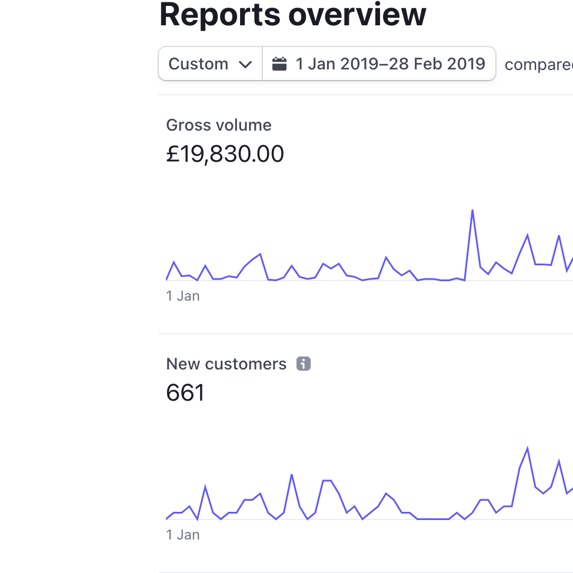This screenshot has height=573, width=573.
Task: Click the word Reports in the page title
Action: [x=220, y=15]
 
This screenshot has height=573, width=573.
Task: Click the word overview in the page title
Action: [x=357, y=15]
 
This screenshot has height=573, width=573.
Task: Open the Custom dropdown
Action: [x=211, y=64]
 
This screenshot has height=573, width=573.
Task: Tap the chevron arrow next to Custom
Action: [x=245, y=65]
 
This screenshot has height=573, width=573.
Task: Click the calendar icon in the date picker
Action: [x=279, y=64]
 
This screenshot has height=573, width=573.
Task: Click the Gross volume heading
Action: [x=219, y=125]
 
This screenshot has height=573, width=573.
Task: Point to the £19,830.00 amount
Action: [x=225, y=154]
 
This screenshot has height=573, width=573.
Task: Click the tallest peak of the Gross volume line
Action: [x=472, y=211]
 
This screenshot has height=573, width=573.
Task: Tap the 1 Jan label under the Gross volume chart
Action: [x=183, y=296]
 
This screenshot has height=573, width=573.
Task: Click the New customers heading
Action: [x=226, y=364]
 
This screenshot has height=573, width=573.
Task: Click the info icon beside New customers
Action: [x=304, y=364]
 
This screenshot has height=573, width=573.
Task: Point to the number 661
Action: [x=185, y=393]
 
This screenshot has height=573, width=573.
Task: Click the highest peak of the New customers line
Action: [x=527, y=448]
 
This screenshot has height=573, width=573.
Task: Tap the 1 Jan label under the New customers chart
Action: [x=183, y=535]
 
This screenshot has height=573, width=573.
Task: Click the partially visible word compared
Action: [x=539, y=65]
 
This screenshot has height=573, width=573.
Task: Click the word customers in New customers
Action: [x=245, y=364]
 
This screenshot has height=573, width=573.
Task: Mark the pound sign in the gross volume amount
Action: [x=172, y=154]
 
